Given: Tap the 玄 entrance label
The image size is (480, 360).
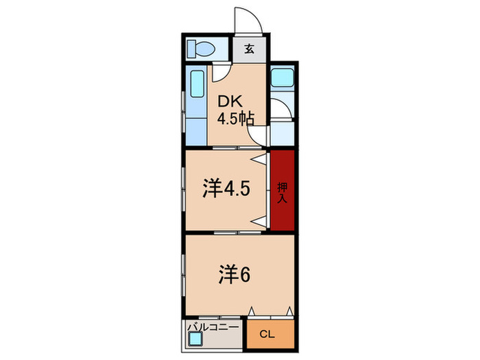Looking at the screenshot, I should point(249,49).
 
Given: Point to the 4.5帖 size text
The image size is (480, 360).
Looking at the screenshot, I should point(236,117).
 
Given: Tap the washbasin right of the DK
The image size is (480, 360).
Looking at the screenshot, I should point(283,77).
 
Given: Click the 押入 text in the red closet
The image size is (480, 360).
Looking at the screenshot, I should point(282,191).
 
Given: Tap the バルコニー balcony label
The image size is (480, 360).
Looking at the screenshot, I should point(213,328).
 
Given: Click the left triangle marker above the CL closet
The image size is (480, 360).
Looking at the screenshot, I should point(252,311).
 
